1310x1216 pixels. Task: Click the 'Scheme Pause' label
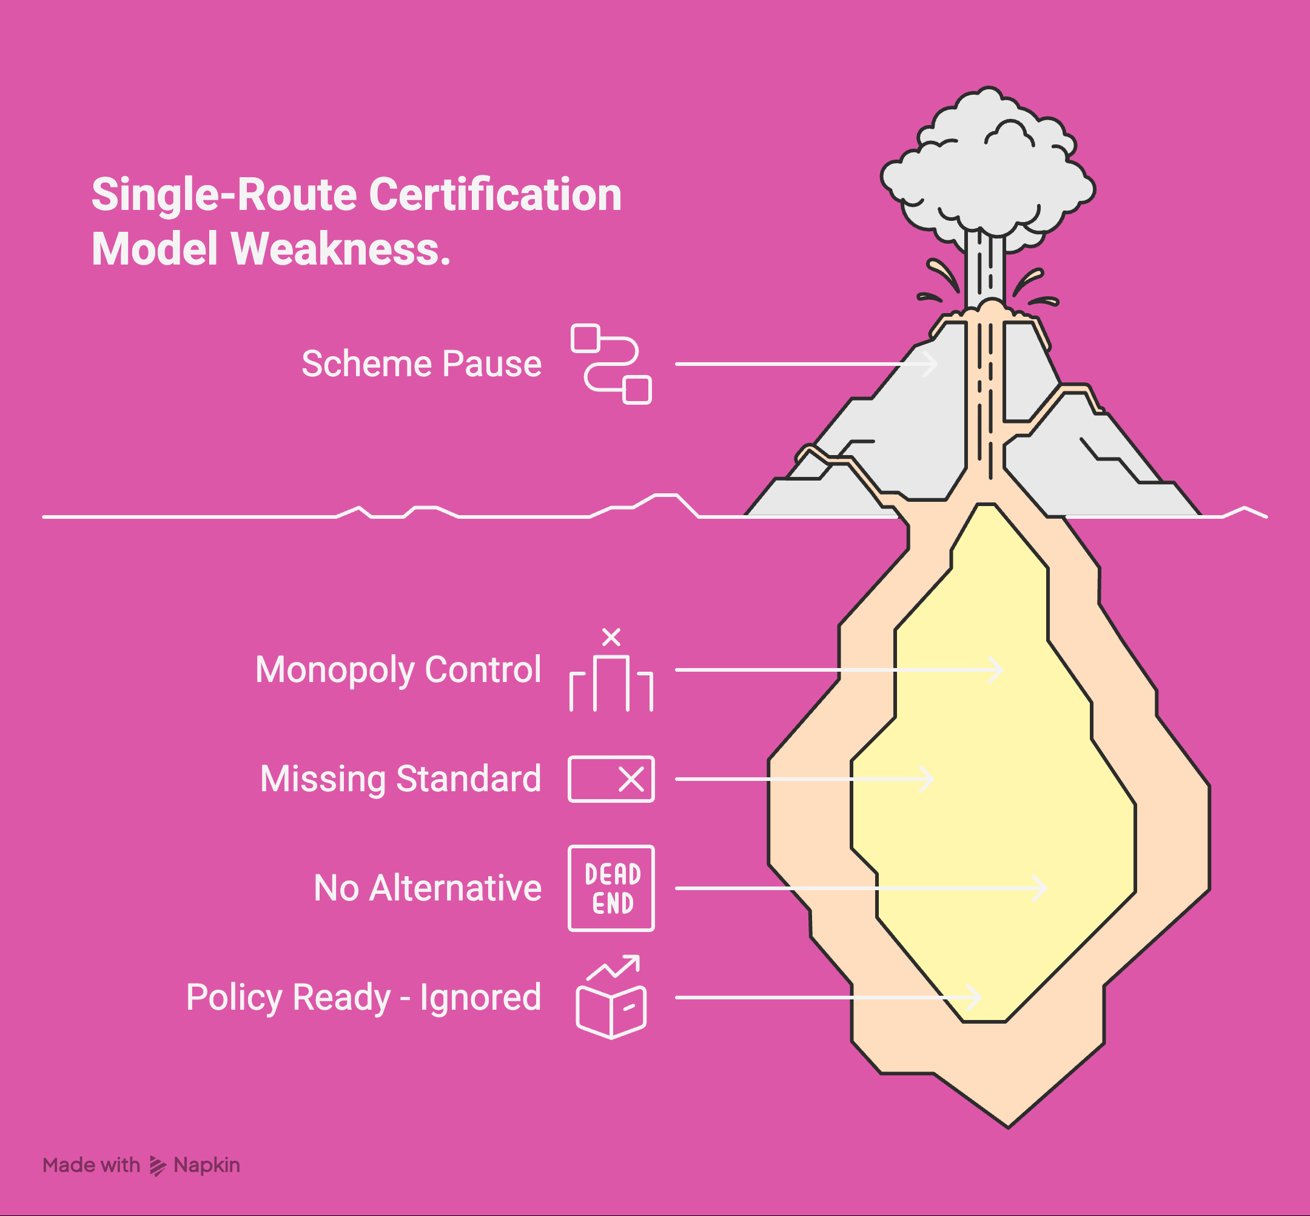pos(421,364)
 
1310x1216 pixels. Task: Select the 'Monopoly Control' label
pos(398,670)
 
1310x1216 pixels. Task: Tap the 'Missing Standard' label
pos(400,779)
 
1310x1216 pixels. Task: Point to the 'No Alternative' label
pos(428,888)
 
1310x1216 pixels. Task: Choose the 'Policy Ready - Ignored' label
pos(363,998)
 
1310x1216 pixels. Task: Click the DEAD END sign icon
pos(611,888)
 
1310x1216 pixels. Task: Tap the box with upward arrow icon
pos(611,998)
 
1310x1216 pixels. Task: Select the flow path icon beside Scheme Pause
pos(611,364)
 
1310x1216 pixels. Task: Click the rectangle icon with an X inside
pos(611,779)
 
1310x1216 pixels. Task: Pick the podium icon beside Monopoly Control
pos(611,678)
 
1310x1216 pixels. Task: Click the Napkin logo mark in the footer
pos(158,1165)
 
